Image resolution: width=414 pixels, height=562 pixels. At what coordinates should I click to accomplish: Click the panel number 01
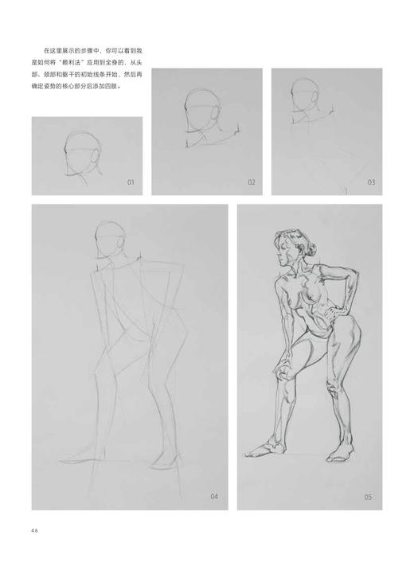pos(131,183)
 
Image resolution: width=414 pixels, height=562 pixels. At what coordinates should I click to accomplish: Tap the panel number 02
pos(252,183)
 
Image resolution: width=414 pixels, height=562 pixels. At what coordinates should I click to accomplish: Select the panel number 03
pos(371,183)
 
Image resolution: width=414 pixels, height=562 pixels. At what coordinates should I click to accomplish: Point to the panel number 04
pos(214,497)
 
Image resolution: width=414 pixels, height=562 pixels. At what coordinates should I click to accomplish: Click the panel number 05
pos(369,497)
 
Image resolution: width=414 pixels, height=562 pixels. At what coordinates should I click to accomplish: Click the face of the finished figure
pos(285,245)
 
